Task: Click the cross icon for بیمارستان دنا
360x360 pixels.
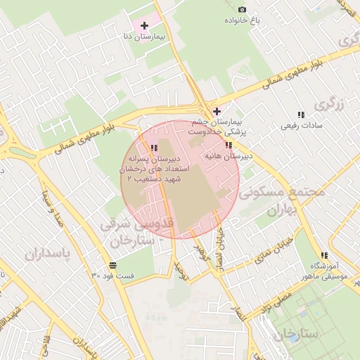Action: pos(145,25)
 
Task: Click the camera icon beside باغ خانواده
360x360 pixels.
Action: pos(243,9)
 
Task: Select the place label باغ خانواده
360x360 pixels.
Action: pos(243,20)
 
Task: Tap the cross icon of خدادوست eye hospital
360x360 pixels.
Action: pos(217,111)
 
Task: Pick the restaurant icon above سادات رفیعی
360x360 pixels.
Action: pos(301,115)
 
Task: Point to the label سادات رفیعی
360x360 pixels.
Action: pos(301,126)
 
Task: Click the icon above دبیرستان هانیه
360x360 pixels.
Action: pos(229,145)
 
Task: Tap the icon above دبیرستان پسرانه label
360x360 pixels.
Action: pos(153,148)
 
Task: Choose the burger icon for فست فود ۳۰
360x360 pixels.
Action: pos(113,265)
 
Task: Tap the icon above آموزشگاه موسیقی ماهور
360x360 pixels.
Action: pos(324,256)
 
